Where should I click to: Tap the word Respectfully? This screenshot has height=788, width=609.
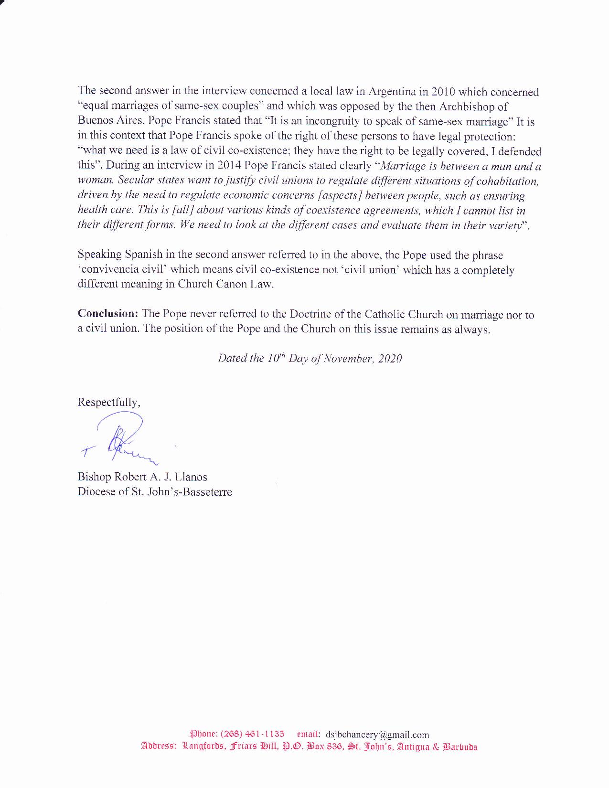(x=108, y=402)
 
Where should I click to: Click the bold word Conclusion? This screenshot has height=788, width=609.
(x=108, y=314)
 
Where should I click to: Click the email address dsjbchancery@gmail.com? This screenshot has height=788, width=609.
(x=377, y=735)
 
